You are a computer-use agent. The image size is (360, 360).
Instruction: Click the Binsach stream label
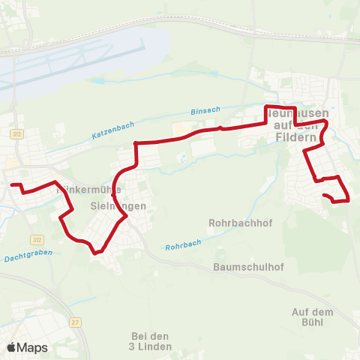(205, 110)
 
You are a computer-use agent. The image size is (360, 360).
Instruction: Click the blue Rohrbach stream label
(183, 245)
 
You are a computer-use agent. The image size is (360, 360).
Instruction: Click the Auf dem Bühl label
(311, 316)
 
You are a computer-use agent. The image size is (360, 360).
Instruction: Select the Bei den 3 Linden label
(151, 340)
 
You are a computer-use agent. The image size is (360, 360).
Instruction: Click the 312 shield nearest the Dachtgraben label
(37, 239)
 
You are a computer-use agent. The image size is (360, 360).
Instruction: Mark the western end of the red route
(10, 184)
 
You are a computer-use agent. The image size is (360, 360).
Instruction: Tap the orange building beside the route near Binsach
(178, 130)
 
